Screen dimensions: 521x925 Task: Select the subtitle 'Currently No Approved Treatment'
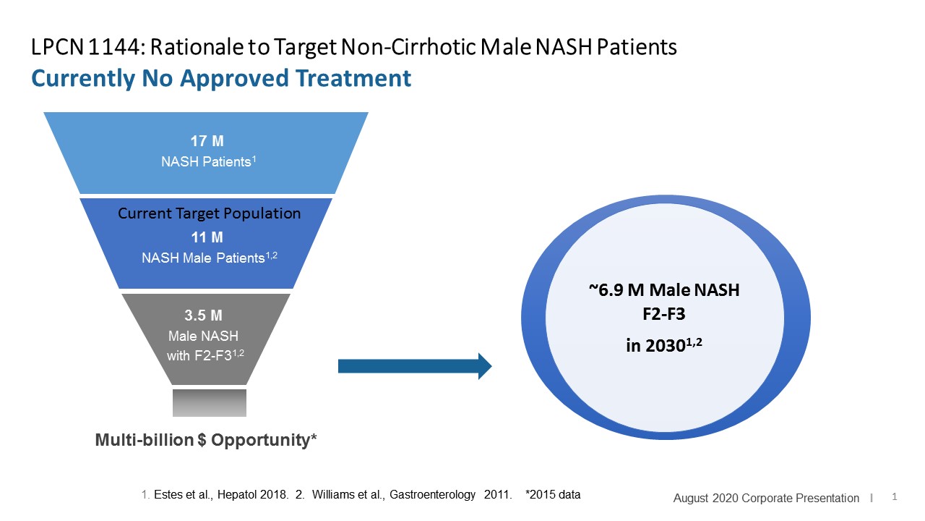221,78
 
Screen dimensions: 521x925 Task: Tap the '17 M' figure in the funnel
207,143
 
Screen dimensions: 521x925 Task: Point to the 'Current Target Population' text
209,214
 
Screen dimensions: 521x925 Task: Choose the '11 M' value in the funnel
207,237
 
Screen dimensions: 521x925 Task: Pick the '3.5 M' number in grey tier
205,315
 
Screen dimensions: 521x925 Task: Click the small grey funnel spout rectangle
210,402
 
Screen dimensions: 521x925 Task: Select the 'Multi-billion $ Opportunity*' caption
206,440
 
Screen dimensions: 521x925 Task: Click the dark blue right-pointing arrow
414,366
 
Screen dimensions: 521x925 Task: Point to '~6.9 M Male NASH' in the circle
664,291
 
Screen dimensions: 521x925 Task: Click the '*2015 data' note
553,495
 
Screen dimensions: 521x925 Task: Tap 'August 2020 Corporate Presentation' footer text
766,498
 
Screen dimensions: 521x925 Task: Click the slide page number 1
895,497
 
